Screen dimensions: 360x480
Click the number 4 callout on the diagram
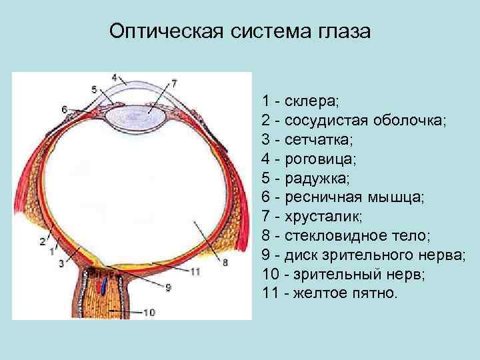point(115,77)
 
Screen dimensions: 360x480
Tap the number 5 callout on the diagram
point(94,89)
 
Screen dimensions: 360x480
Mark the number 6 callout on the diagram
point(64,109)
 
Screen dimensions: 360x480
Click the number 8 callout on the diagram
point(225,263)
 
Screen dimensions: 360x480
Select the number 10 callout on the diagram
point(149,312)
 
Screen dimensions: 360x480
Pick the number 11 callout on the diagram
point(195,271)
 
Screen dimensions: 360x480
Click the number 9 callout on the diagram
point(168,287)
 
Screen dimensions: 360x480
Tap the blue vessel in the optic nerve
point(104,285)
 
